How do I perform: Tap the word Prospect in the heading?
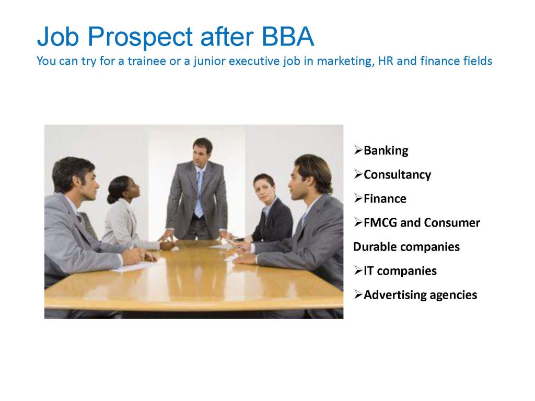140,38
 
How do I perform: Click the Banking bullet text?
386,150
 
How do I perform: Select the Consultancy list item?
398,174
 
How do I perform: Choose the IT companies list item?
400,271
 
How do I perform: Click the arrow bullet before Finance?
358,198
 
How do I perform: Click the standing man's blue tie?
199,193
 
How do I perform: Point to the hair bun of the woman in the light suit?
111,197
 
